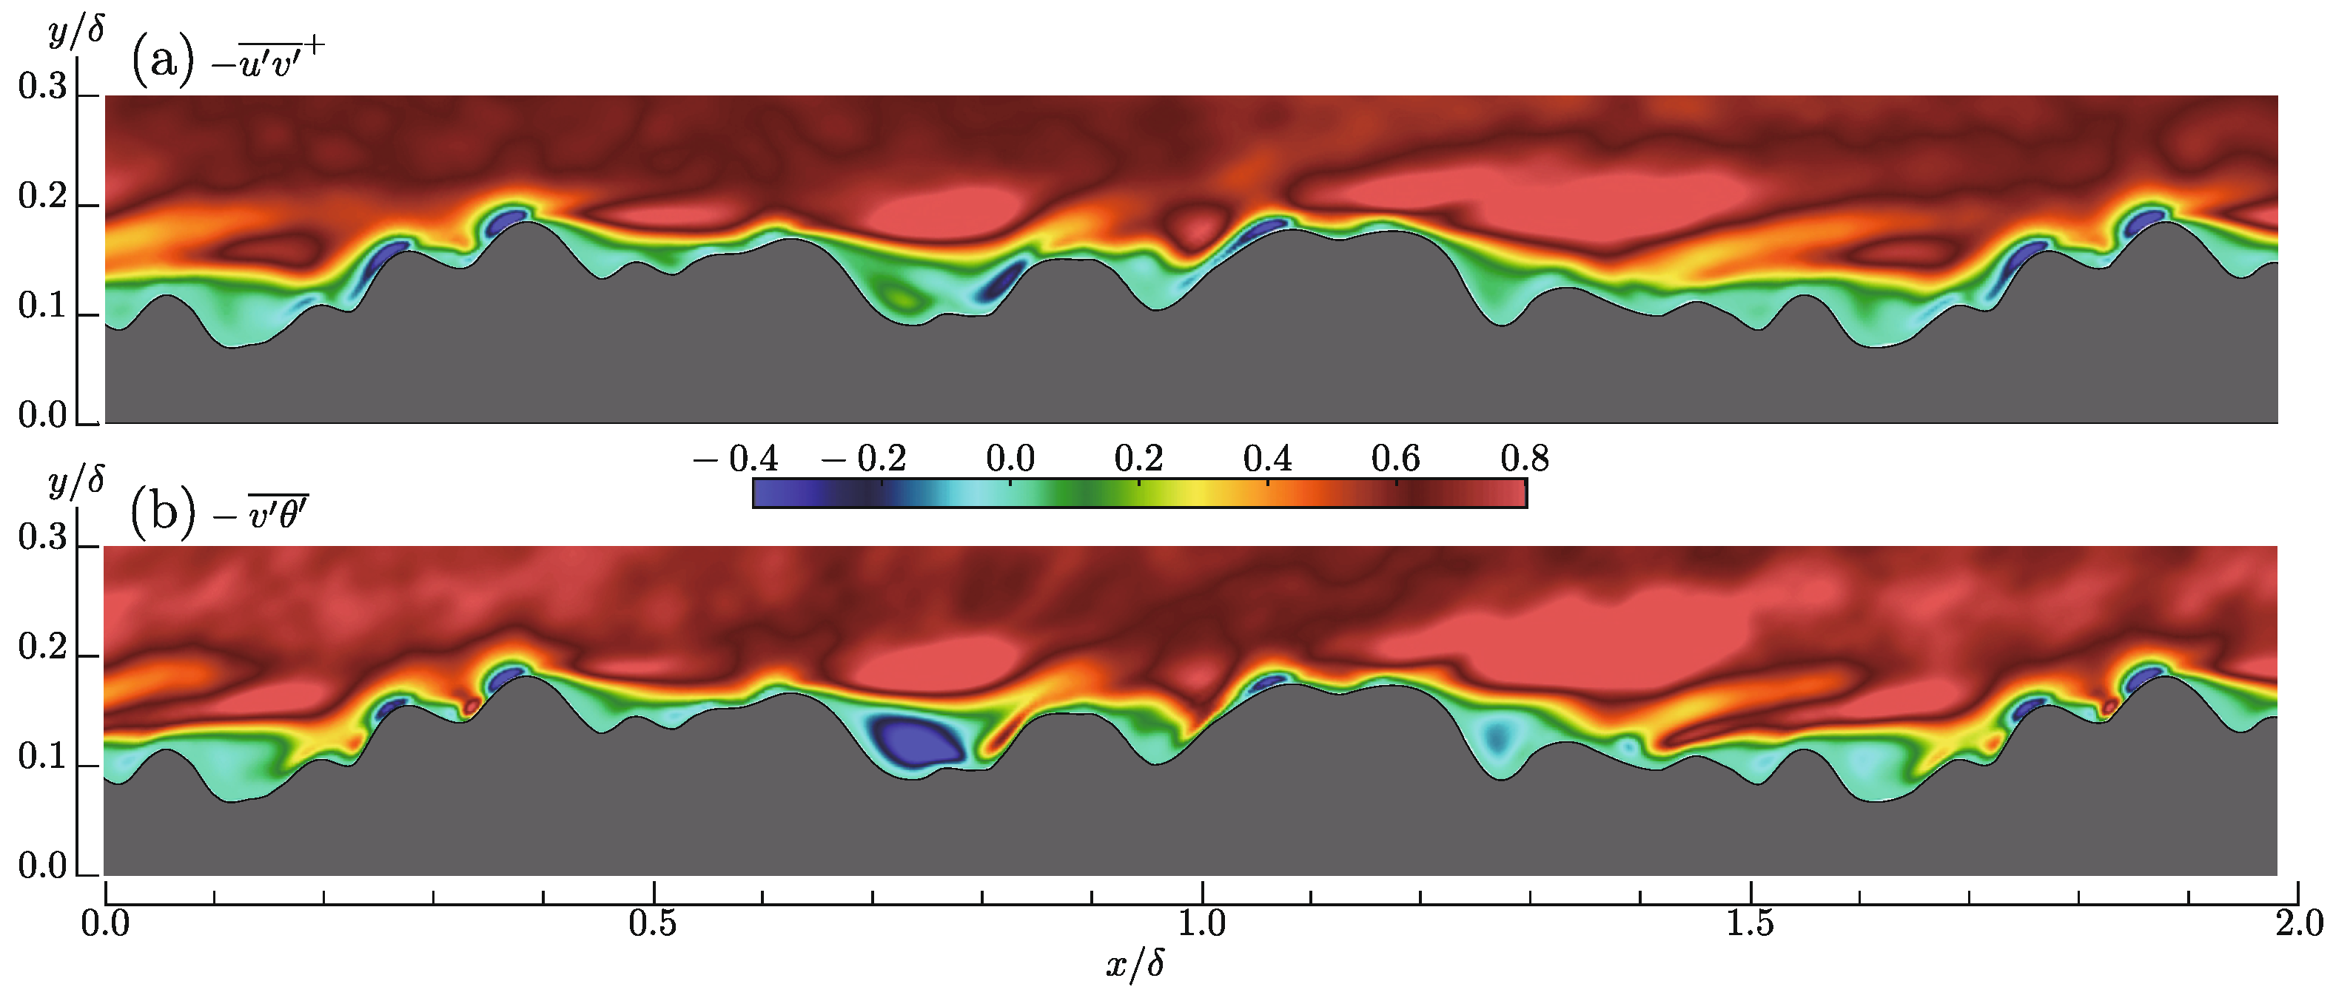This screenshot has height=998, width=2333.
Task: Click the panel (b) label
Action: [x=163, y=513]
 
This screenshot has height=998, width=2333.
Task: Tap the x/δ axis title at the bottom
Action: [x=1135, y=965]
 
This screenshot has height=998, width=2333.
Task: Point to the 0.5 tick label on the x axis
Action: [x=653, y=925]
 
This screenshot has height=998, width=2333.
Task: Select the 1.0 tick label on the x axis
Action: [x=1202, y=925]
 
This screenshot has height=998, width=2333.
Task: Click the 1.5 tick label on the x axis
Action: [x=1750, y=925]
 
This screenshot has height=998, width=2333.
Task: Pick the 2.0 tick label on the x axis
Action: [x=2299, y=925]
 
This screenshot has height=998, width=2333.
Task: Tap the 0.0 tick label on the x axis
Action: [x=105, y=925]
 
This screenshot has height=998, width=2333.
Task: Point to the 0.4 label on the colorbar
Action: [x=1267, y=459]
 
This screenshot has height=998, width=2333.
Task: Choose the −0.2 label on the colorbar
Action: [x=865, y=459]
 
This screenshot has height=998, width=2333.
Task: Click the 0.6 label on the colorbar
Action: [x=1396, y=459]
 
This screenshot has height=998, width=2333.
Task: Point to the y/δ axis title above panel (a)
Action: [x=76, y=31]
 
